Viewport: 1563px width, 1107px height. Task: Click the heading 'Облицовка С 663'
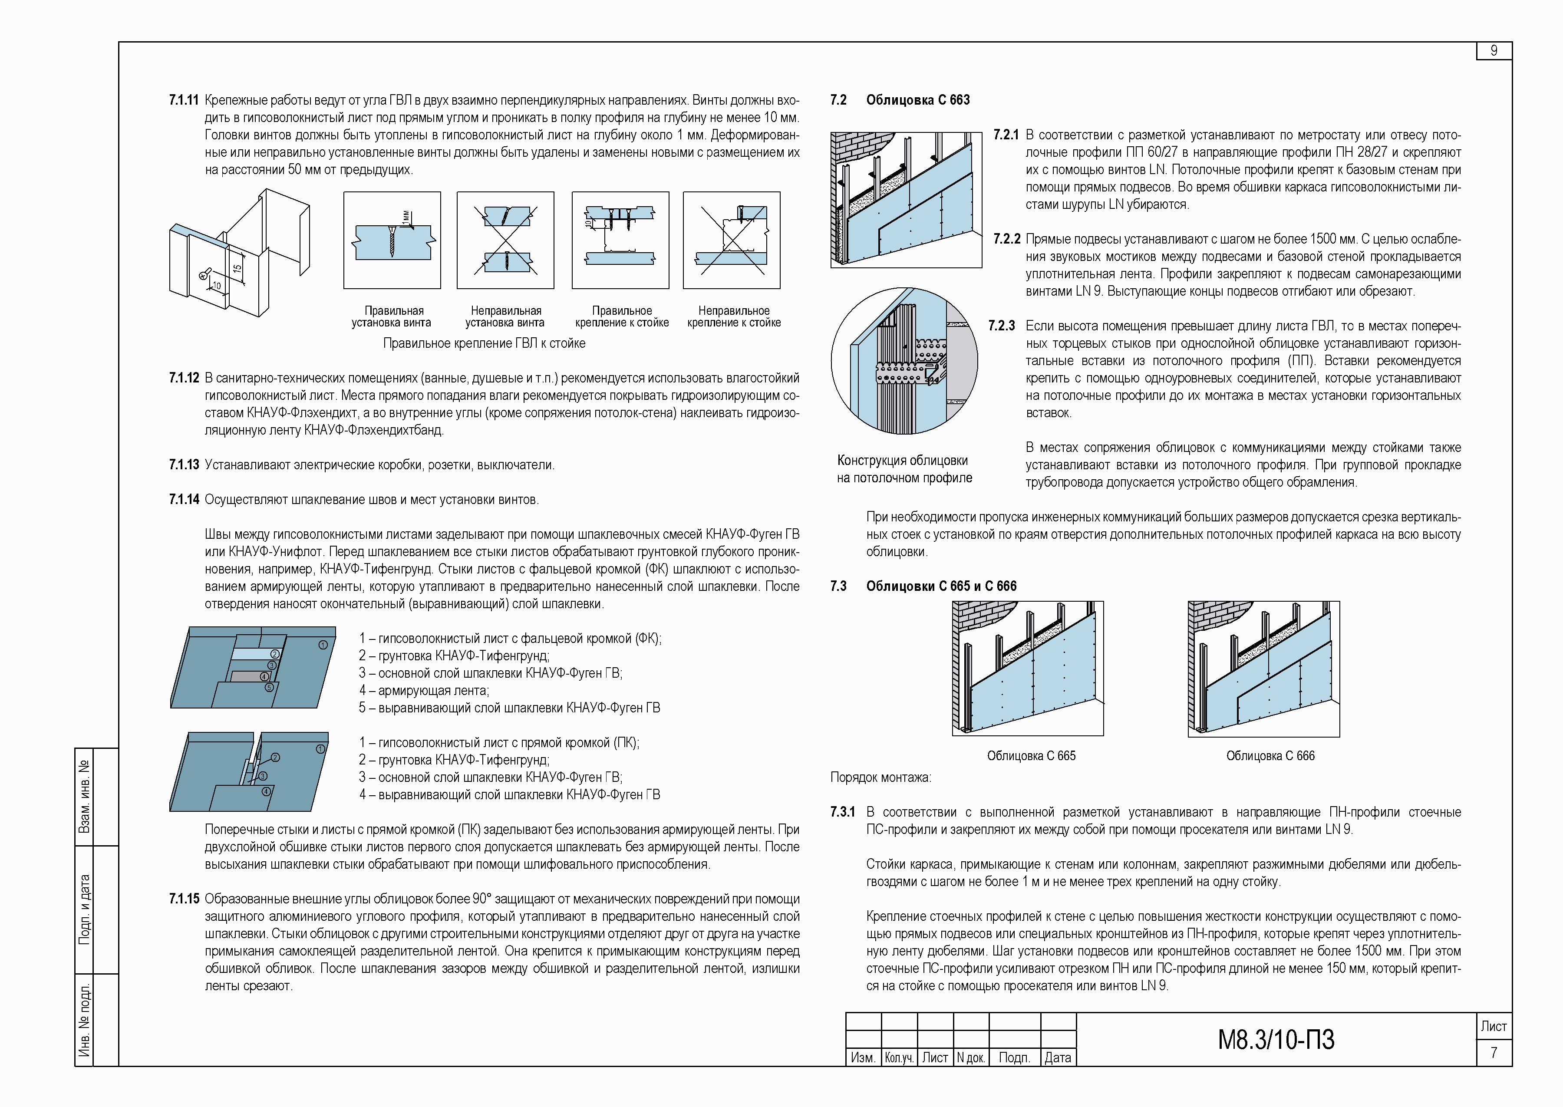(x=917, y=100)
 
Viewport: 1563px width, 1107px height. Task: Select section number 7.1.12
(x=184, y=378)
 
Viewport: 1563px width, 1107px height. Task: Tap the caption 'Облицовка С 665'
(x=1031, y=756)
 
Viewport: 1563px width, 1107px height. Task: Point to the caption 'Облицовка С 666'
(x=1270, y=756)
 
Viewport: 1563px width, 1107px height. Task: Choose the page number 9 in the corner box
(x=1494, y=51)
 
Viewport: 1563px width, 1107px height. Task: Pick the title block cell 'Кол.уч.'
(x=898, y=1057)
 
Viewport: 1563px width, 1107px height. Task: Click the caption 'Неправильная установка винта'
(x=505, y=317)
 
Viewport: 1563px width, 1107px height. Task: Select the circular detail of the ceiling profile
(x=904, y=361)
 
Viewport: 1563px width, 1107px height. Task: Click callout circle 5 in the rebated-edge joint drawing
(x=269, y=687)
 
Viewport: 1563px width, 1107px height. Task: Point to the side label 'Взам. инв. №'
(x=85, y=797)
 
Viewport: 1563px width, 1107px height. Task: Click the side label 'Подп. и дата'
(x=85, y=909)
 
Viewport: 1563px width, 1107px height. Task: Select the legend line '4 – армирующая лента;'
(x=424, y=691)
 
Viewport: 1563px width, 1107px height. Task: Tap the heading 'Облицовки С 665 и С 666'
(x=941, y=586)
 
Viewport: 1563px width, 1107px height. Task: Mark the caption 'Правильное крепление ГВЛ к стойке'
(x=484, y=343)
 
